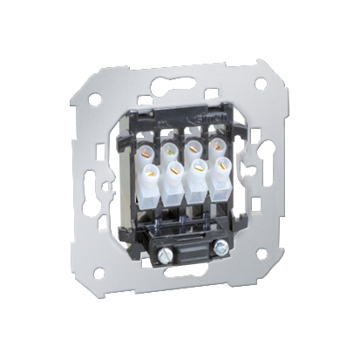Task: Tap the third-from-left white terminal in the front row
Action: (x=200, y=174)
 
